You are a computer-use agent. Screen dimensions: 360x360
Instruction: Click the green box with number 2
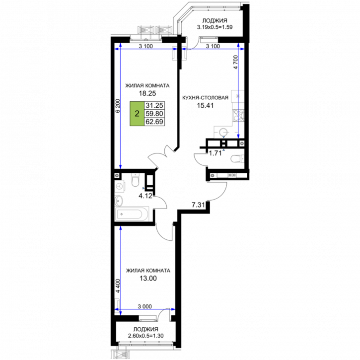click(137, 114)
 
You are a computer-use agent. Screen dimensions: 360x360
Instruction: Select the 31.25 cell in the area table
click(154, 105)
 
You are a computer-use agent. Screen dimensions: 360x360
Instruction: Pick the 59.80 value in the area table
click(154, 113)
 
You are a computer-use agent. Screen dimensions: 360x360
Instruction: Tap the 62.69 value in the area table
click(154, 122)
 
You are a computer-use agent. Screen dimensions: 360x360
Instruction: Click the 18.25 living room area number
click(147, 93)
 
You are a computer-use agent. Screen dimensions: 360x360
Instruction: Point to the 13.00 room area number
click(148, 278)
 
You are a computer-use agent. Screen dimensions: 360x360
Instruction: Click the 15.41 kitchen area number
click(205, 105)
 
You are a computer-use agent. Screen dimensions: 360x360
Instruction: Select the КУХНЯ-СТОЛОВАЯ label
click(205, 98)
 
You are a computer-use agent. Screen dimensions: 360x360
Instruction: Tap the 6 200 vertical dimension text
click(118, 106)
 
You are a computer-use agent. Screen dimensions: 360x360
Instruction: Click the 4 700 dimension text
click(235, 62)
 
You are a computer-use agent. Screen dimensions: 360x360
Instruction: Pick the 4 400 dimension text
click(118, 286)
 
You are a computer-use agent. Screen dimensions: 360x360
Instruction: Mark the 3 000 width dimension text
click(145, 306)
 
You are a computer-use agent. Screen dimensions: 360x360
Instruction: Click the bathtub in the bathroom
click(131, 214)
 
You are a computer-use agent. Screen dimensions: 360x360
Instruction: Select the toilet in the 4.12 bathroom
click(136, 180)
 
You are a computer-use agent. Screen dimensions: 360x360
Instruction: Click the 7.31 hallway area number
click(198, 205)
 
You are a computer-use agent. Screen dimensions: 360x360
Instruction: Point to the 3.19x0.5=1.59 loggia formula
click(215, 27)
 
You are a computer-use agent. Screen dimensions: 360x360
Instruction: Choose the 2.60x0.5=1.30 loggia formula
click(146, 336)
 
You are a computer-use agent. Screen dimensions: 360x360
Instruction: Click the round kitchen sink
click(223, 132)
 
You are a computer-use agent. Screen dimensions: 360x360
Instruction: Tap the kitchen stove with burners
click(238, 115)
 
